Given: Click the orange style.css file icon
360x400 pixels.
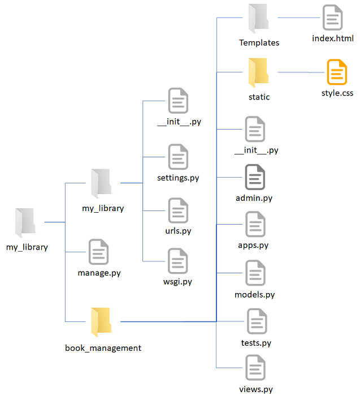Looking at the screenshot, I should point(337,72).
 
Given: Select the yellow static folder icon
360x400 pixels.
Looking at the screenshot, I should point(259,72).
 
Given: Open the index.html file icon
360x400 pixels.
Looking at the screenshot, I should point(333,18).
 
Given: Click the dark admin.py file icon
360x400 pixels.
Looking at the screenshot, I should point(255,177).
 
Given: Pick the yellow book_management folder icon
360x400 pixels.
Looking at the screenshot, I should point(102,322).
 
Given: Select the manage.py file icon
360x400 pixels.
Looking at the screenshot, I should point(99,252).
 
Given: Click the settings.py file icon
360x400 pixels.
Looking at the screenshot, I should point(178,157).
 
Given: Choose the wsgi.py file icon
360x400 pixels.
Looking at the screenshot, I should point(178,261).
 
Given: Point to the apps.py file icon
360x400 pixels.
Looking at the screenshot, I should point(255,224).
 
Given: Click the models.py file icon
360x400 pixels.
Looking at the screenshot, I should point(255,273).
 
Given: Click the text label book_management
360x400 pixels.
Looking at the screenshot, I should point(103,348).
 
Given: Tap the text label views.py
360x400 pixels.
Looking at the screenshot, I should point(256,389).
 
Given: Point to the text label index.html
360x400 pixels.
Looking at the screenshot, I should point(333,38).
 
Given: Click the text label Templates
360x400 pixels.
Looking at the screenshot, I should point(259,42).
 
